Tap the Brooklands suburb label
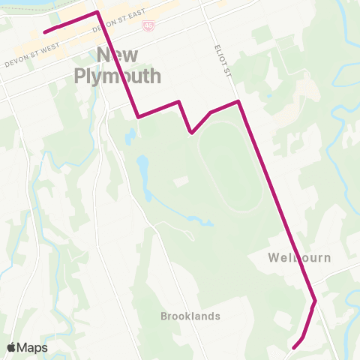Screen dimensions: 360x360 [190, 316]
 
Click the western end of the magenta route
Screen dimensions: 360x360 [44, 32]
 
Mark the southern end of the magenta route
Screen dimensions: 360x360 [293, 348]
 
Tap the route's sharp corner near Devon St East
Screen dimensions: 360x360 [97, 12]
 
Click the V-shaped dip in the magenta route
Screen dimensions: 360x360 [192, 133]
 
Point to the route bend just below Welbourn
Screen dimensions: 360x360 [315, 301]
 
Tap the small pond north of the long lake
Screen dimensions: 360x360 [130, 136]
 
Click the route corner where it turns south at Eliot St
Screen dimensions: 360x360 [238, 100]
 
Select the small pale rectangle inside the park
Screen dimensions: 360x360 [180, 182]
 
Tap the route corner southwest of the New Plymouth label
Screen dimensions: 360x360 [139, 116]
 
